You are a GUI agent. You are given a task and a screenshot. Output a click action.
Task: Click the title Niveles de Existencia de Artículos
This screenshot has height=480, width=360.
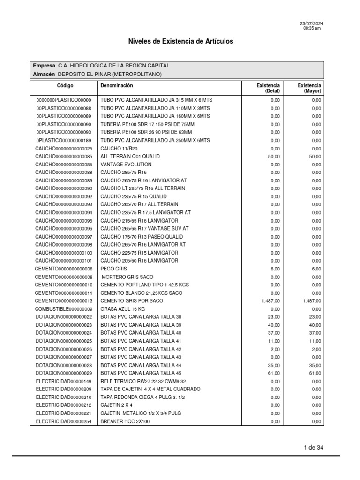tap(180, 42)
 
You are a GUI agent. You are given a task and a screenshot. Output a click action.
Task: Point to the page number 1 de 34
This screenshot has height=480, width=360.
tap(314, 448)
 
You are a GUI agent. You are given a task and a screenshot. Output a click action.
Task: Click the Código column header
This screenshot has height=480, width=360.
tap(65, 86)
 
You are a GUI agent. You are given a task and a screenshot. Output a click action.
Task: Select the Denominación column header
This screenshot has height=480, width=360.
tap(117, 86)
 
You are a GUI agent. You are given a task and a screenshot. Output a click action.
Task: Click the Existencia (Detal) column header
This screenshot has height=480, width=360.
tap(268, 88)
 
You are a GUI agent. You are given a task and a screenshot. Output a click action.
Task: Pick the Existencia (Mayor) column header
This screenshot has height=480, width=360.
tap(309, 88)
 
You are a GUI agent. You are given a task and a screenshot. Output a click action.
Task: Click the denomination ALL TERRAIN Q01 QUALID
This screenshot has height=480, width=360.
tap(127, 157)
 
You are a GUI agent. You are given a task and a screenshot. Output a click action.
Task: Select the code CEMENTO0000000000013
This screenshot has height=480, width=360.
tap(64, 301)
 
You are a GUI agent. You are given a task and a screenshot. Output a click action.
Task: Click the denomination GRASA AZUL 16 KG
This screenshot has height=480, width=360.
tap(123, 309)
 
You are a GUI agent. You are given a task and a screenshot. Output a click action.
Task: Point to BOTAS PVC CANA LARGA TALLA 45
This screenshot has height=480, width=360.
tap(141, 373)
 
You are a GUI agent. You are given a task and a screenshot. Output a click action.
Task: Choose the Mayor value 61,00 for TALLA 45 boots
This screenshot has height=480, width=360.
tap(315, 373)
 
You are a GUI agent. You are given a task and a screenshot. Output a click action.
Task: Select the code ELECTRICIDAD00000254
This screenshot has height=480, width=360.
tap(64, 421)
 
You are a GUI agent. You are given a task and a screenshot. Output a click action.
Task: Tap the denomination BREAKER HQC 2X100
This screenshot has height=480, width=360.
tap(125, 421)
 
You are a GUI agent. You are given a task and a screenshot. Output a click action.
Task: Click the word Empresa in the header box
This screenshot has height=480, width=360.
tap(44, 66)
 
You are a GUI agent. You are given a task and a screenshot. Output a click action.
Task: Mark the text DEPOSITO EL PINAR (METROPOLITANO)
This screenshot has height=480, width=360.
tap(110, 74)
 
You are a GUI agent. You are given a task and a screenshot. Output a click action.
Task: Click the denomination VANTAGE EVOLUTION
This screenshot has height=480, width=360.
tap(126, 165)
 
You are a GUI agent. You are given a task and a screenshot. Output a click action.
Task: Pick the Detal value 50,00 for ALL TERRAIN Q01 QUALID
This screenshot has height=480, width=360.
tap(274, 157)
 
